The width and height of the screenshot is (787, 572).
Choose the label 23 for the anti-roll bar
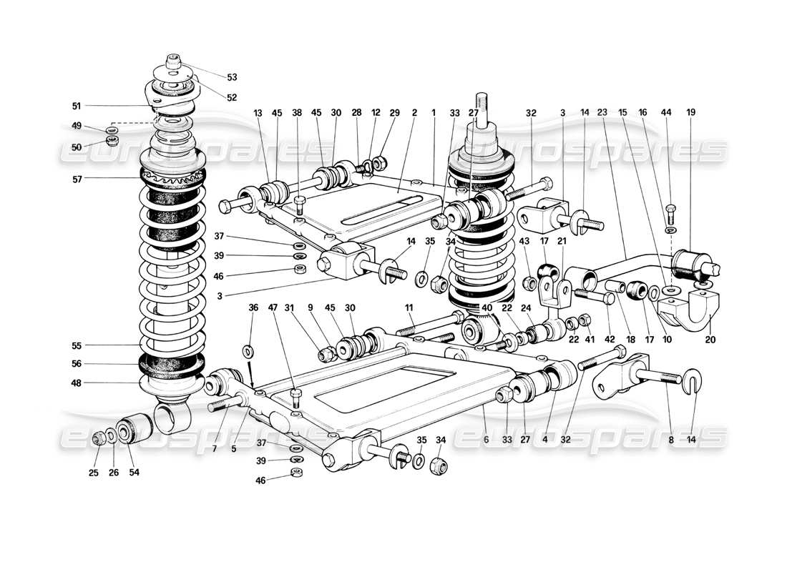point(602,112)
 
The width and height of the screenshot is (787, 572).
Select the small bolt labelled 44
point(670,212)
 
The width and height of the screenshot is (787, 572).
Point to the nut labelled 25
point(99,438)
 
